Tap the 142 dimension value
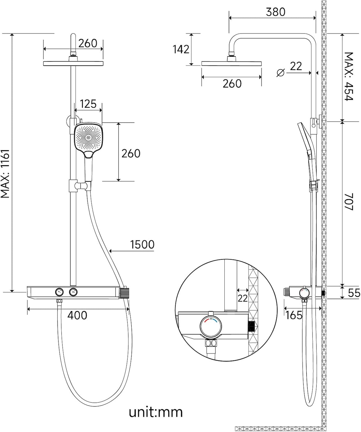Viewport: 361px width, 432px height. (x=181, y=49)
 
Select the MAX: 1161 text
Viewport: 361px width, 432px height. (x=5, y=173)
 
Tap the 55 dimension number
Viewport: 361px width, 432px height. (x=354, y=293)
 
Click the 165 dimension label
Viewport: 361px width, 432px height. (x=294, y=315)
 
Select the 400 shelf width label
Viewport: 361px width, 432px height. (x=77, y=315)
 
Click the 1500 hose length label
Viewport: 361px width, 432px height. (x=142, y=244)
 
